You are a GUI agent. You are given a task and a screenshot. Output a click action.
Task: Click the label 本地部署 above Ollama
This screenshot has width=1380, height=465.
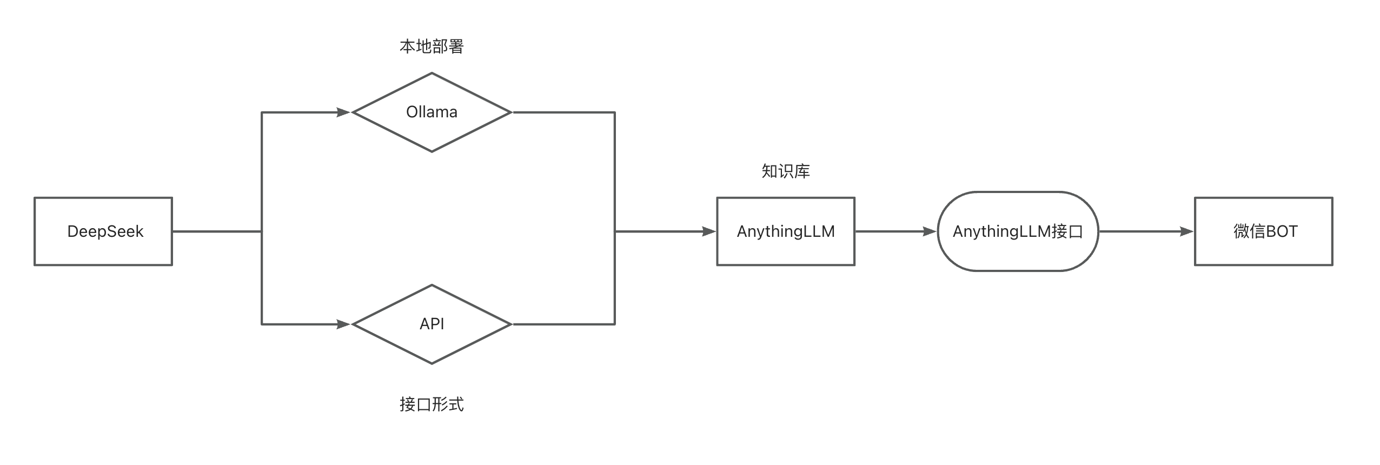[432, 46]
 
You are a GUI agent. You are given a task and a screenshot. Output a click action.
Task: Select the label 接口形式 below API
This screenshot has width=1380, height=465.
[432, 404]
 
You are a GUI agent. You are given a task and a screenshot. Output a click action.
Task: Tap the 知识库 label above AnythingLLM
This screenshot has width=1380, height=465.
[785, 171]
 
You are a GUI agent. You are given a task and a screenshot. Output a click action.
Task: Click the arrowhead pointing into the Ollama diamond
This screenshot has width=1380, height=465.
[344, 112]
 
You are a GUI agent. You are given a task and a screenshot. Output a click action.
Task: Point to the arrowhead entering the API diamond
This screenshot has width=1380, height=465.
[344, 324]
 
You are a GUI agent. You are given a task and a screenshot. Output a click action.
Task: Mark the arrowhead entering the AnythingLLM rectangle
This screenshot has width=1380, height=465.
[709, 231]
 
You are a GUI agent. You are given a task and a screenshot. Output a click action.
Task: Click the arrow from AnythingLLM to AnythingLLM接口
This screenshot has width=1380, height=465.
[895, 231]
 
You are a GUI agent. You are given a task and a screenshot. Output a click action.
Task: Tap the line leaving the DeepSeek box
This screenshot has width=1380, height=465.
[216, 231]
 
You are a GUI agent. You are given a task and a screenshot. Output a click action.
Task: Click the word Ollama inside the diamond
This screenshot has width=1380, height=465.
[432, 112]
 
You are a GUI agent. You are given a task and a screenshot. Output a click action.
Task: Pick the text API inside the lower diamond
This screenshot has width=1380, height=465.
[432, 324]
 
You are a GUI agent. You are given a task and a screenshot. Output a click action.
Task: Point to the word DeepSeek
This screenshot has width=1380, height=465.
[105, 231]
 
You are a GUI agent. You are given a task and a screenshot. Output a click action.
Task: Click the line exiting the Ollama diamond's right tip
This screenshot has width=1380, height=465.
[562, 112]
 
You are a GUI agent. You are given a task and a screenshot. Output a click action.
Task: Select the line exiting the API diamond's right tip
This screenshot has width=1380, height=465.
[562, 324]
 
